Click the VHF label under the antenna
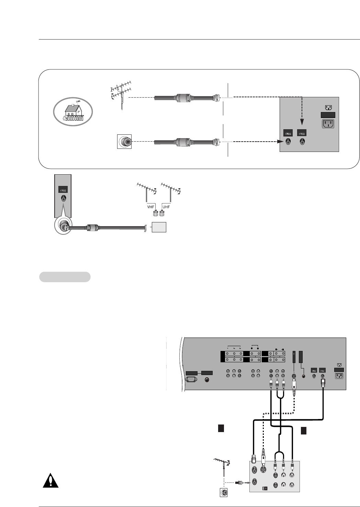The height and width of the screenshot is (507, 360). click(x=150, y=207)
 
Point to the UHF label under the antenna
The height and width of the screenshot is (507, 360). click(x=166, y=207)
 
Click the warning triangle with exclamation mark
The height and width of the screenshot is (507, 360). click(x=50, y=480)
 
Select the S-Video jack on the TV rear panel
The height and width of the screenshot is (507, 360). click(x=294, y=376)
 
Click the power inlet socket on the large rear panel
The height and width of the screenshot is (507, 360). click(x=339, y=377)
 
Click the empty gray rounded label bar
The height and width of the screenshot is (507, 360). click(x=65, y=277)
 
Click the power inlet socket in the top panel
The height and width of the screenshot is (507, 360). click(x=328, y=124)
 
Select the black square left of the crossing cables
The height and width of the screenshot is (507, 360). click(x=221, y=428)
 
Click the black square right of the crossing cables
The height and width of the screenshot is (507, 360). click(x=303, y=430)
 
